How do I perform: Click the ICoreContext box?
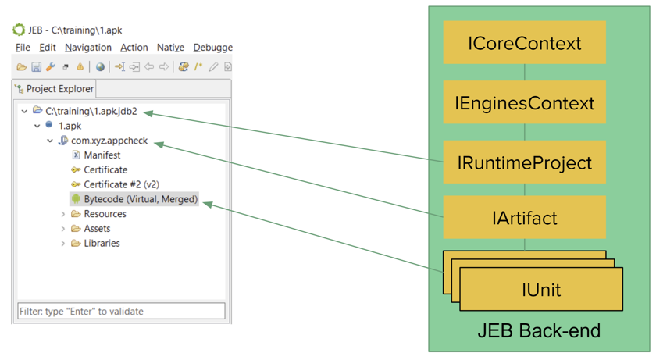[524, 43]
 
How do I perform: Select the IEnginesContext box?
[524, 102]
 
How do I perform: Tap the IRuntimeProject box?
[524, 162]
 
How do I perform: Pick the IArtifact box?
[524, 217]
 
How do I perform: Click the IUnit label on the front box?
[541, 290]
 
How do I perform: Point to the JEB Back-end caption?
[539, 331]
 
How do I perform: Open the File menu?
[23, 48]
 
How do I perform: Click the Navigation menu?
[87, 48]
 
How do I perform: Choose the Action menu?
[134, 48]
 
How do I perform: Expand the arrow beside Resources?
[62, 214]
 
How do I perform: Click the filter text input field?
[121, 311]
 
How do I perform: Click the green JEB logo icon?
[19, 30]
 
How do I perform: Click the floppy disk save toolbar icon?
[37, 67]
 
